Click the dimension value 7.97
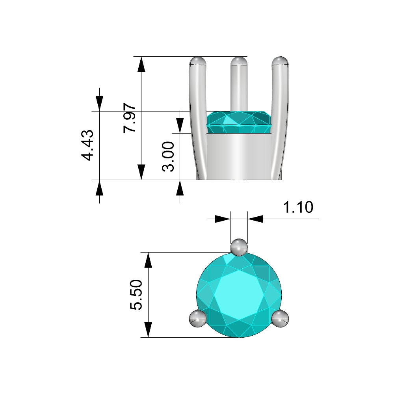coord(130,117)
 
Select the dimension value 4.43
coord(87,145)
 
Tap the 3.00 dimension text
coord(168,156)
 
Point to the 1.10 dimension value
coord(298,207)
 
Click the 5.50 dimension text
coord(136,294)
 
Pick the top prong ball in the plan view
coord(239,247)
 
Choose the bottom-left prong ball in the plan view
coord(198,318)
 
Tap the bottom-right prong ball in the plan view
coord(280,318)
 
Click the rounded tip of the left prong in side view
coord(198,61)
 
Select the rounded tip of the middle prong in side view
coord(239,61)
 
